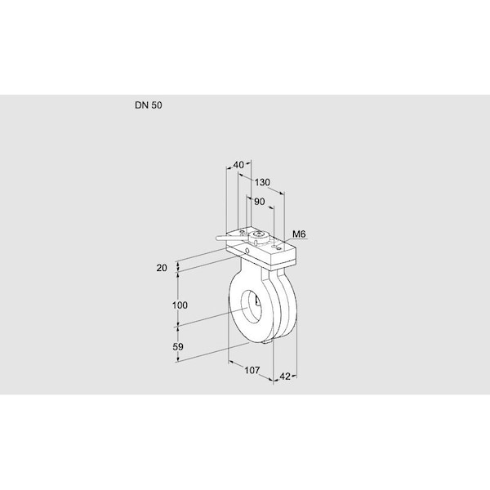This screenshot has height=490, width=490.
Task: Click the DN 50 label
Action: click(147, 106)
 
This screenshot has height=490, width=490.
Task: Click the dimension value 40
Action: click(238, 165)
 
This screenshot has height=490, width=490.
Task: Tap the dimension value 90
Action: click(260, 202)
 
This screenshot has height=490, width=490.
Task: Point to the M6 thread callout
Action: click(299, 235)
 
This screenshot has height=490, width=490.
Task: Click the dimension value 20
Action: click(162, 267)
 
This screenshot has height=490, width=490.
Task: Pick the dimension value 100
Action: click(180, 305)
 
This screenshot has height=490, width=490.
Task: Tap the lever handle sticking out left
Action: click(227, 238)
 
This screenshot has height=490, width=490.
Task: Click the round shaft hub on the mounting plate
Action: click(260, 238)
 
